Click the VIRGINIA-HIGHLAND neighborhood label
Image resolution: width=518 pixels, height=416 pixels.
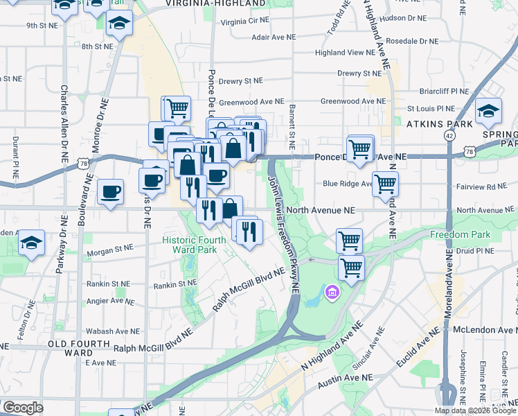tap(215, 3)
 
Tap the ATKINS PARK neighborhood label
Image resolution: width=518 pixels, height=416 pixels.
tap(439, 123)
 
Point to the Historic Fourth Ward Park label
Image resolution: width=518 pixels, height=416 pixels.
tap(194, 245)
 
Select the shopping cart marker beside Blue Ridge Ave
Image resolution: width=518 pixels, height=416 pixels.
tap(385, 184)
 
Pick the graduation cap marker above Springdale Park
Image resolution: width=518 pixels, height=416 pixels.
tap(488, 111)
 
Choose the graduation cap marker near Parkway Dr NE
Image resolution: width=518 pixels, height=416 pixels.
tap(31, 243)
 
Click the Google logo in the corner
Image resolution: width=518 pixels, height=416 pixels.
tap(23, 408)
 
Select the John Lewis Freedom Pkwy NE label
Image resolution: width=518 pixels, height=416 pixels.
tap(283, 231)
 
